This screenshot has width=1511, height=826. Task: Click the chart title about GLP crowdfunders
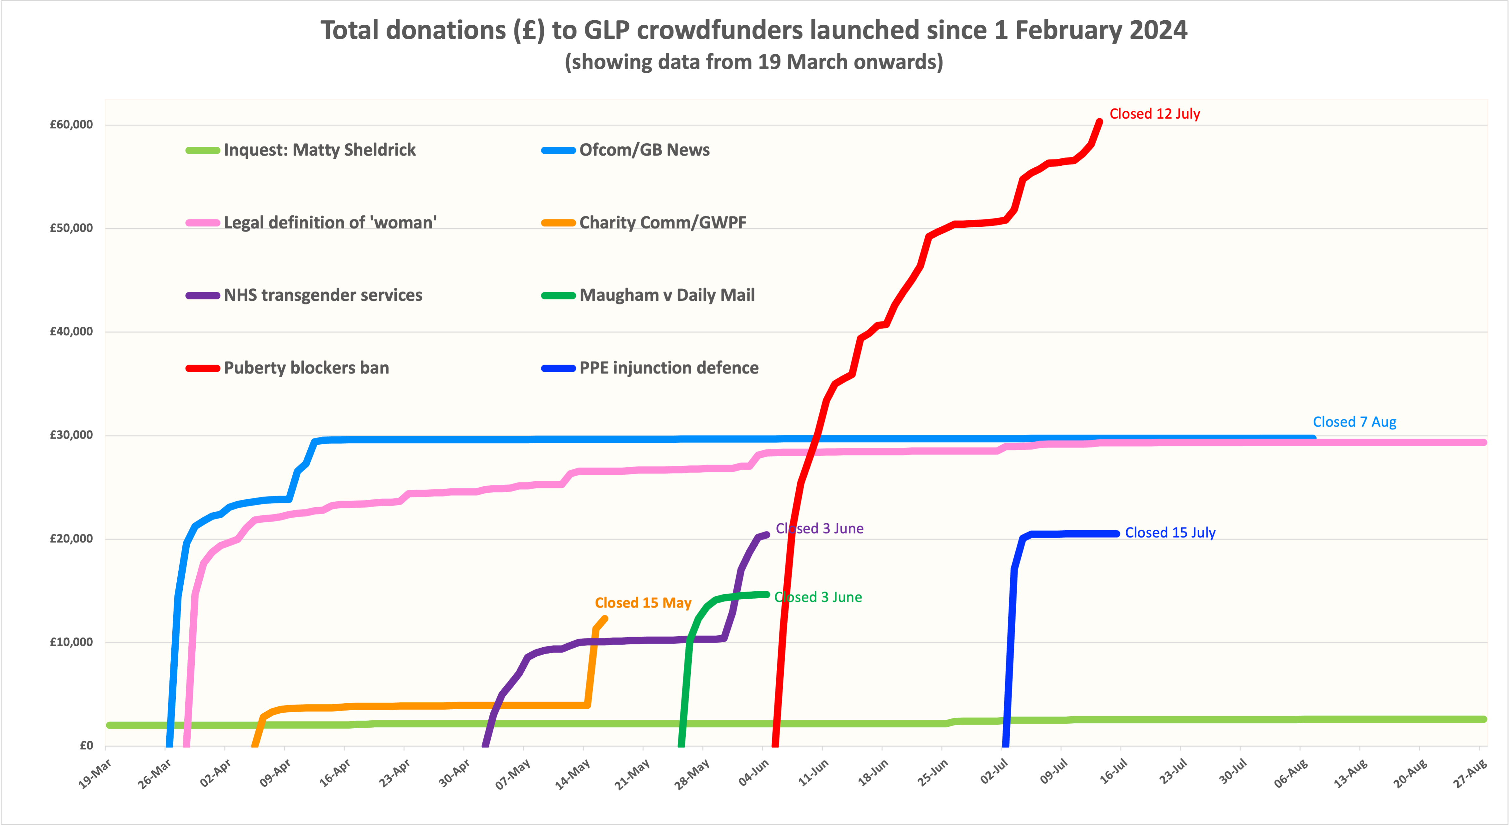[754, 30]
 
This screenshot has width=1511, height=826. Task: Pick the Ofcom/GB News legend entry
[644, 150]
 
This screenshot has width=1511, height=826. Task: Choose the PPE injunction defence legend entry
[669, 368]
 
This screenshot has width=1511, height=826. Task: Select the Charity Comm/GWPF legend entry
[662, 223]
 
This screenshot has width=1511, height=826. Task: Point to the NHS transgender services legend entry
[323, 295]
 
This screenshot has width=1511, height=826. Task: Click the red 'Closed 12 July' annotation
[1154, 114]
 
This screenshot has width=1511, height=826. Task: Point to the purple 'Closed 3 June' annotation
[819, 528]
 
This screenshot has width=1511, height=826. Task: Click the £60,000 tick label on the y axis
[71, 124]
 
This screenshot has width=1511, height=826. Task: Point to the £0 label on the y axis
[86, 746]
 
